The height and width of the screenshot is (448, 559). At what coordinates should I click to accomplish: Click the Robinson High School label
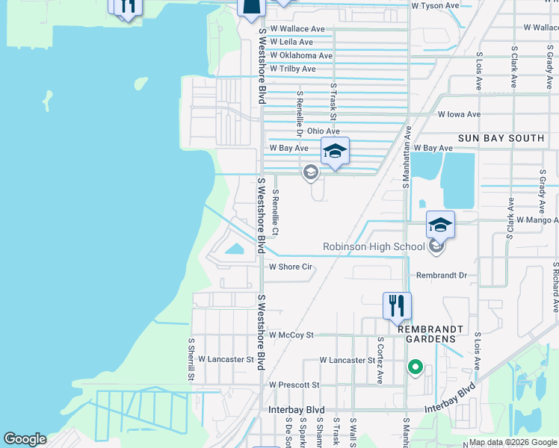click(x=373, y=246)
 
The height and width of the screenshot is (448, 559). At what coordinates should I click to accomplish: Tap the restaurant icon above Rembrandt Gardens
click(x=397, y=305)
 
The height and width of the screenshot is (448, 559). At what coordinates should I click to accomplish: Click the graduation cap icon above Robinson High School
click(x=441, y=225)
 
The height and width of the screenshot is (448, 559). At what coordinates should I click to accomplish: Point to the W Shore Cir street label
click(x=290, y=267)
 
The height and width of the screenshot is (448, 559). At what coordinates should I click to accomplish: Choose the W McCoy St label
click(x=291, y=335)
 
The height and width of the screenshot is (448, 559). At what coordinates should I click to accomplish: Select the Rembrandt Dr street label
click(x=441, y=276)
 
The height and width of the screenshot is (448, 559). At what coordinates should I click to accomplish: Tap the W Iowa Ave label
click(x=459, y=114)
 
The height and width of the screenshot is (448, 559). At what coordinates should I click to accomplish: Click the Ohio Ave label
click(x=324, y=130)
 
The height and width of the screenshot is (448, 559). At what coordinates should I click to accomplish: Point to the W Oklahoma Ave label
click(x=301, y=55)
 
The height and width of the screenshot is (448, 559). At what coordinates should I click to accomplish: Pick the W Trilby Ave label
click(x=293, y=68)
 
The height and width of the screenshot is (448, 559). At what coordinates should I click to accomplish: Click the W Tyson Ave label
click(x=435, y=5)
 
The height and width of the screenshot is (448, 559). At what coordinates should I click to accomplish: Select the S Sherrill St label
click(x=191, y=359)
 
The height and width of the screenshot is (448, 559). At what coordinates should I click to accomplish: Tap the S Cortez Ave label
click(x=380, y=360)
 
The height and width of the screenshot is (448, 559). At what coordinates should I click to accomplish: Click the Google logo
click(x=25, y=439)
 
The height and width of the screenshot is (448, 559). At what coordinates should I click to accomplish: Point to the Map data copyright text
click(x=513, y=442)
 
